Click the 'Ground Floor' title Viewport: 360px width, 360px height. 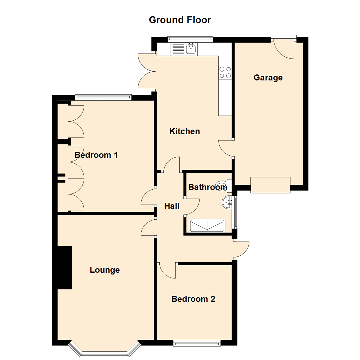click(x=180, y=20)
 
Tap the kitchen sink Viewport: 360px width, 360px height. click(x=191, y=49)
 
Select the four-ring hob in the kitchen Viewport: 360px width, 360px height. click(x=225, y=72)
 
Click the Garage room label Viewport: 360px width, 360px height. click(x=268, y=78)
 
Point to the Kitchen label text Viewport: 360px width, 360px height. click(x=185, y=131)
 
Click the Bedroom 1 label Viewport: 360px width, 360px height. click(x=96, y=155)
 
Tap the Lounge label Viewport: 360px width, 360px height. click(x=105, y=270)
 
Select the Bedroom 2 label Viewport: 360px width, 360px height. click(x=193, y=299)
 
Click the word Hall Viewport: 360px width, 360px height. click(x=172, y=206)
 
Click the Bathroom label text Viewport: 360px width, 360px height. click(x=207, y=187)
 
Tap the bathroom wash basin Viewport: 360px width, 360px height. click(x=228, y=202)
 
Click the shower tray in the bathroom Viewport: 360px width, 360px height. click(x=207, y=226)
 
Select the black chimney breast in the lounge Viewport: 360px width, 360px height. click(x=65, y=267)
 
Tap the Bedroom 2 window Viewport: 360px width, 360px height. click(x=197, y=342)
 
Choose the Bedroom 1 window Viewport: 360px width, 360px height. click(x=103, y=97)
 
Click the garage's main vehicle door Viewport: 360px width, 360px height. click(x=270, y=185)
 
